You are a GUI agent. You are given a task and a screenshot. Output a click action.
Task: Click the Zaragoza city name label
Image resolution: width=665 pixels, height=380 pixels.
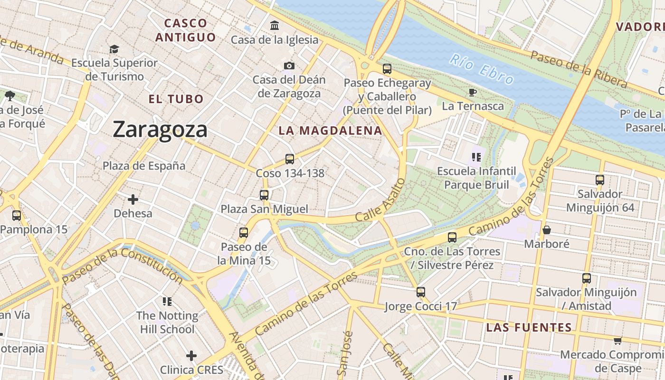pos(160,130)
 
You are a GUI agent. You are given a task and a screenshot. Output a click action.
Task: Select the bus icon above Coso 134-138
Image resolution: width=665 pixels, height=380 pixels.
pos(290,159)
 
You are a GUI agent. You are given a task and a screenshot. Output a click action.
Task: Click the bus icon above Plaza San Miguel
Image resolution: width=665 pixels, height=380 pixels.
pos(264,195)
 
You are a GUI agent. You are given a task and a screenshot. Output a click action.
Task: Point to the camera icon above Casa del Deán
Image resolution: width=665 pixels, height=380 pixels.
pos(289,66)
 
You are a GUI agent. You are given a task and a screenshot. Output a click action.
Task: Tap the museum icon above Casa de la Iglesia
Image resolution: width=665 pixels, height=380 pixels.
pos(275,25)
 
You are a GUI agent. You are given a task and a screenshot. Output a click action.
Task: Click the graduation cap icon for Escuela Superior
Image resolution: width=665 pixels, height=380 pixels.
pos(114,49)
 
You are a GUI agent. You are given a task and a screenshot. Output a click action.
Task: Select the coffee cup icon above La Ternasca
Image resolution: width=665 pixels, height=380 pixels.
pos(472,92)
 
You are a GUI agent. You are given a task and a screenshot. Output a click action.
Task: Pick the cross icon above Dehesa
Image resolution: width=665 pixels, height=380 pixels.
pos(133,199)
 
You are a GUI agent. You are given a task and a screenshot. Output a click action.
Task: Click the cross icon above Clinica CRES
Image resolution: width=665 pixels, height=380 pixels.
pos(191,355)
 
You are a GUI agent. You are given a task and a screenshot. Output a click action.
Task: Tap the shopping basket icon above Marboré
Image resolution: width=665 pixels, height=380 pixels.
pos(547,230)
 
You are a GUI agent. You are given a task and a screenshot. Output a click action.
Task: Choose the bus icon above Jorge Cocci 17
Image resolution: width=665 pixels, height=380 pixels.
pos(421,292)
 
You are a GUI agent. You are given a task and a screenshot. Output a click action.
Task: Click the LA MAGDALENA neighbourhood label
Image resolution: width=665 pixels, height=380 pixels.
pos(330,131)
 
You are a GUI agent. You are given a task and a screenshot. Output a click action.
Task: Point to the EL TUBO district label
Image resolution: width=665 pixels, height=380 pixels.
pos(176,99)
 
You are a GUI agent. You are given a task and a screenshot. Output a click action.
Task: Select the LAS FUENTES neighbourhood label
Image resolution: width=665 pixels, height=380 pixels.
pos(529,327)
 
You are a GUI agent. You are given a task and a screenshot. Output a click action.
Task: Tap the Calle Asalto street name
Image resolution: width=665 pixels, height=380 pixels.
pos(380,199)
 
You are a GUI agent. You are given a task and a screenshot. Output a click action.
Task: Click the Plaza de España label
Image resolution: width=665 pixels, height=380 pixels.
pos(144,166)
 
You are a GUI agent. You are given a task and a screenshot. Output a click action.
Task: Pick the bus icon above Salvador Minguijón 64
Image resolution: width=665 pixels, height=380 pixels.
pos(600,180)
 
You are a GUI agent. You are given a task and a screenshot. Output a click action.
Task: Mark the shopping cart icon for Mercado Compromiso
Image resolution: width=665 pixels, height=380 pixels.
pos(617,341)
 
